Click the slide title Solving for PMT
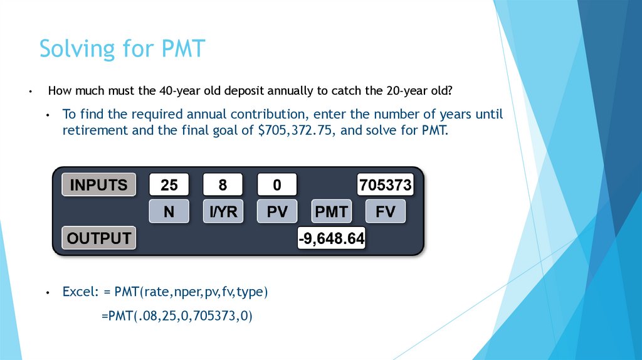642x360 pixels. pos(122,48)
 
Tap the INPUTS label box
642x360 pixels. pos(98,185)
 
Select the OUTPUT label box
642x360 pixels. pos(98,238)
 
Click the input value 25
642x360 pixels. pos(169,185)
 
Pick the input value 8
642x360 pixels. pos(223,185)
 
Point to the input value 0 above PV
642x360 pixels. pos(276,185)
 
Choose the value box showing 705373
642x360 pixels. pos(385,185)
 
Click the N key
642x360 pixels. pos(169,212)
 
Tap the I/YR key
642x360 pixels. pos(223,212)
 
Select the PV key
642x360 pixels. pos(277,212)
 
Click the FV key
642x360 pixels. pos(385,212)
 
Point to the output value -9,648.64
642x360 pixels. pos(331,239)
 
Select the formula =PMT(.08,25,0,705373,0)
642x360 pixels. pos(176,315)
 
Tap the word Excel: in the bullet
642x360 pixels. pos(81,292)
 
